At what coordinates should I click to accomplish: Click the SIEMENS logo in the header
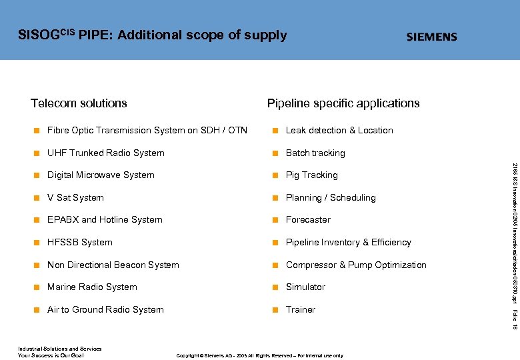[432, 37]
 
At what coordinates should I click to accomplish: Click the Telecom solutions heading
[79, 103]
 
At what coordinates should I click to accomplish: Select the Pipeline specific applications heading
[343, 103]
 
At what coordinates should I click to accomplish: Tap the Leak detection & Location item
[339, 131]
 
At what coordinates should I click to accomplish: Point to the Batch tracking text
[315, 153]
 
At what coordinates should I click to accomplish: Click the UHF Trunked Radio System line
[105, 153]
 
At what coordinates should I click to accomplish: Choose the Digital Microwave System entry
[101, 175]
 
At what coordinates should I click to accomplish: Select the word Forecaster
[308, 220]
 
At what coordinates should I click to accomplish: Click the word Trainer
[301, 310]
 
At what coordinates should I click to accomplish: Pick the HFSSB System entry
[79, 243]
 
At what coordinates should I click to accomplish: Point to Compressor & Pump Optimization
[356, 265]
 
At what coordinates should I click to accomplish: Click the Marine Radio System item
[92, 287]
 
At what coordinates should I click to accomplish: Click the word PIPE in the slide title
[94, 35]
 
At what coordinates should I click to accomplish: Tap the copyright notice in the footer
[259, 356]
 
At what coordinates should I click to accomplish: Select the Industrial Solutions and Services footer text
[59, 349]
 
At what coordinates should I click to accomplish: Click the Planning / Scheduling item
[331, 198]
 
